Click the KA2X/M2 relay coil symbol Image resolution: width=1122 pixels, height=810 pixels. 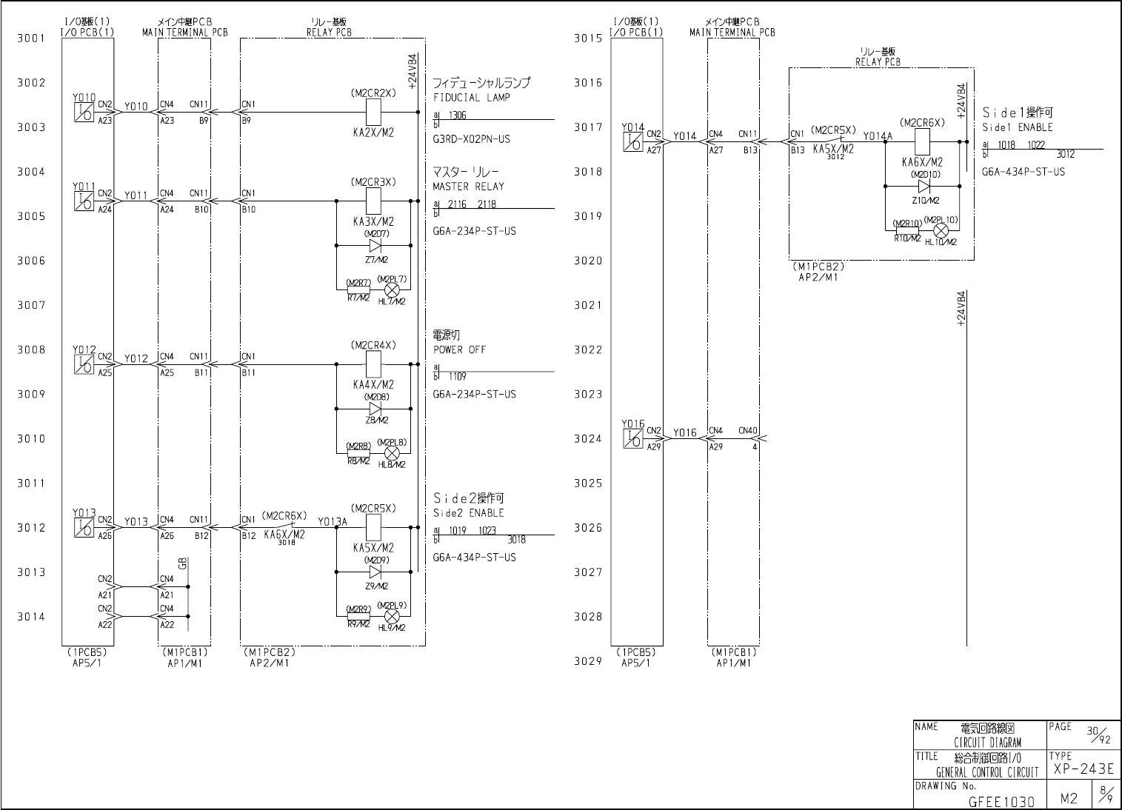point(374,113)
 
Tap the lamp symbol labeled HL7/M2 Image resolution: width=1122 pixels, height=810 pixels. point(393,289)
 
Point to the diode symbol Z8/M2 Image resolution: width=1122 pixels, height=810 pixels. point(374,409)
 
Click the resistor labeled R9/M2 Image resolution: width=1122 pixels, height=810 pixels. point(358,616)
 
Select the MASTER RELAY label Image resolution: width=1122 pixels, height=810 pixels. point(468,187)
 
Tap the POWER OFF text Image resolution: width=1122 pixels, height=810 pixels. point(460,349)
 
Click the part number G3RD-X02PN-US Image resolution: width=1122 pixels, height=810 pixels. point(471,139)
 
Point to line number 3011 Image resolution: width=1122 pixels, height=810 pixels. point(31,483)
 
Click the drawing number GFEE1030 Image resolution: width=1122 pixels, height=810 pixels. point(1001,801)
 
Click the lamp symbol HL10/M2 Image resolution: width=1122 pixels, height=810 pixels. point(941,231)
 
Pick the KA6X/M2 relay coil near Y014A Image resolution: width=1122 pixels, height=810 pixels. point(923,139)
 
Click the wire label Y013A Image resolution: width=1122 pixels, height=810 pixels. point(333,522)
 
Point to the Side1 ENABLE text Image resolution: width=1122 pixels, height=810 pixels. point(1017,127)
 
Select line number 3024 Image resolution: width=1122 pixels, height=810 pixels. point(589,439)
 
